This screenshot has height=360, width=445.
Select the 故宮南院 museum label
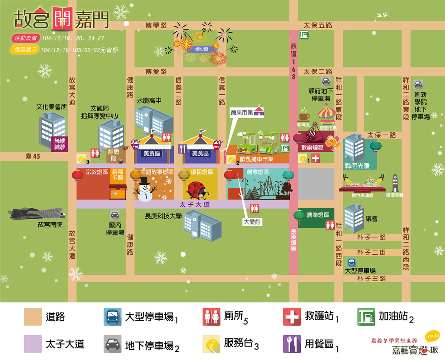pos(50,225)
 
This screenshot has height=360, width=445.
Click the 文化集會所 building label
pos(52,107)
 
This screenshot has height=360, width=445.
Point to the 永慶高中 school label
pos(149,100)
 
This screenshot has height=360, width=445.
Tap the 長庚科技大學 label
pos(163,216)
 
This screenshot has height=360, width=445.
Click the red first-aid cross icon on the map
pos(315,159)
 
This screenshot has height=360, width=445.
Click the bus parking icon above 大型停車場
pos(351,263)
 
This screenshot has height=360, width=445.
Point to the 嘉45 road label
pos(33,157)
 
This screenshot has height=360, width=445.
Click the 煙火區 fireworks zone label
pos(202,50)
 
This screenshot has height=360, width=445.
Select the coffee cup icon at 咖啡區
pos(304,116)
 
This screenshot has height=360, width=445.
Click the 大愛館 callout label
pos(252,222)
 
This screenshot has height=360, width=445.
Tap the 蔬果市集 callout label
pos(242,112)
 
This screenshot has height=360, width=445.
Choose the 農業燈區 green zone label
pos(318,215)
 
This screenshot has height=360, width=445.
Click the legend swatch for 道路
pos(33,317)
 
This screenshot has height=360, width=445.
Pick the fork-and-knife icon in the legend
pos(292,344)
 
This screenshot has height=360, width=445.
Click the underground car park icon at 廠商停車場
pos(115,215)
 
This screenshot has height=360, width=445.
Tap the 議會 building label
pos(372,219)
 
